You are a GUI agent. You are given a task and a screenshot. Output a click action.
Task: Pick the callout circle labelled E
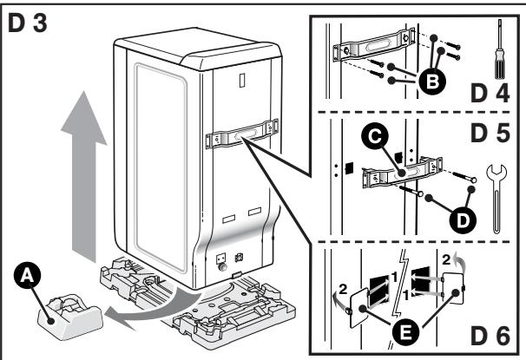pos(405,327)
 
